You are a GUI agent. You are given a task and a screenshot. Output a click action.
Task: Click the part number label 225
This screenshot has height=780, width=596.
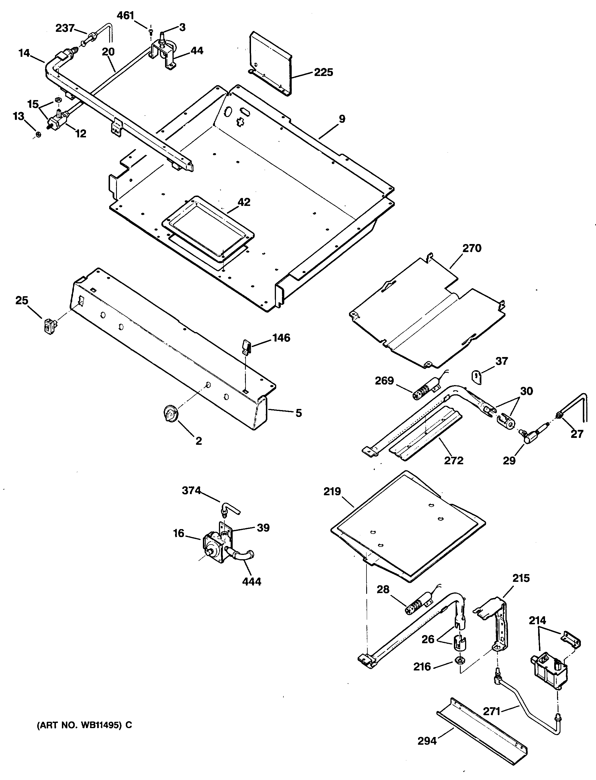click(x=324, y=73)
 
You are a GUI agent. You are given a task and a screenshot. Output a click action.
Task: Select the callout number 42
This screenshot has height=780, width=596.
click(x=244, y=202)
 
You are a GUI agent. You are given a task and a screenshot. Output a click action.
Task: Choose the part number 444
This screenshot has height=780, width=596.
click(x=252, y=582)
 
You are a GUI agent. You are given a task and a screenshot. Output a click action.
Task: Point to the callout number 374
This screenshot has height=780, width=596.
click(x=192, y=491)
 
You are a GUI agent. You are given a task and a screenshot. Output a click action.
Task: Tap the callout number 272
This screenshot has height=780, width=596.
click(x=454, y=461)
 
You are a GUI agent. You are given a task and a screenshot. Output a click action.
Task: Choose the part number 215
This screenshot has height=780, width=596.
click(x=521, y=578)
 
